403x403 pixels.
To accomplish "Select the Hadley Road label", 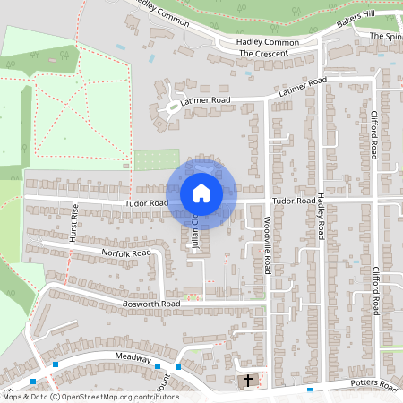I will tap(319, 218).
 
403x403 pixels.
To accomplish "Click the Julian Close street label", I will tap(193, 231).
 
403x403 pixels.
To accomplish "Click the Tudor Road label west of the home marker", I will tap(146, 204).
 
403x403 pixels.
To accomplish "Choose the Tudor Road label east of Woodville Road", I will tap(295, 201).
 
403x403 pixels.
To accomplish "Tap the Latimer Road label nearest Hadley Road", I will tap(304, 87).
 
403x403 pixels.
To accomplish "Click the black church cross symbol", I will tap(248, 381).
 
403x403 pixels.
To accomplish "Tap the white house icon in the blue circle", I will tap(201, 193).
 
